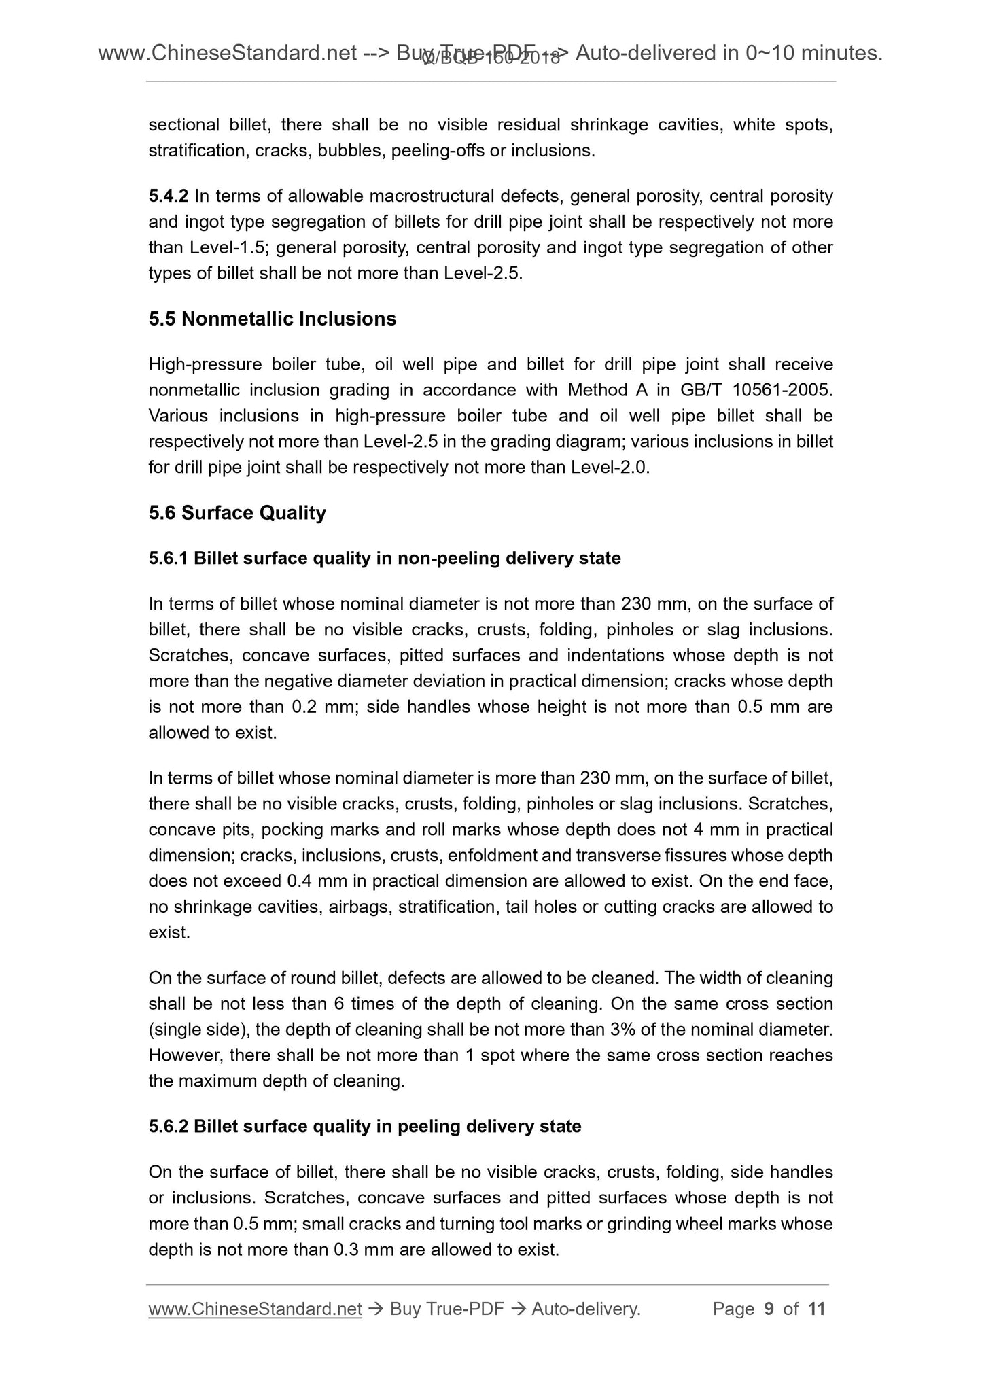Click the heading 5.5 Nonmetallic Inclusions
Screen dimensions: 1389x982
tap(272, 319)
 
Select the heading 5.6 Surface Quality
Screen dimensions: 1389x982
tap(237, 512)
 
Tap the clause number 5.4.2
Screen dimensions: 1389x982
tap(168, 196)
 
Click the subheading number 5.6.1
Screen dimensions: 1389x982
tap(168, 559)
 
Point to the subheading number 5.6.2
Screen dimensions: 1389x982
tap(168, 1127)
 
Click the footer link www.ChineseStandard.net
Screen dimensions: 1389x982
tap(255, 1309)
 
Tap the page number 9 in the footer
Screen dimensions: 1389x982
tap(769, 1309)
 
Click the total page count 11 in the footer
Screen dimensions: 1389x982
tap(817, 1309)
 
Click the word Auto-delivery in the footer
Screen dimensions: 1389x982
tap(586, 1309)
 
